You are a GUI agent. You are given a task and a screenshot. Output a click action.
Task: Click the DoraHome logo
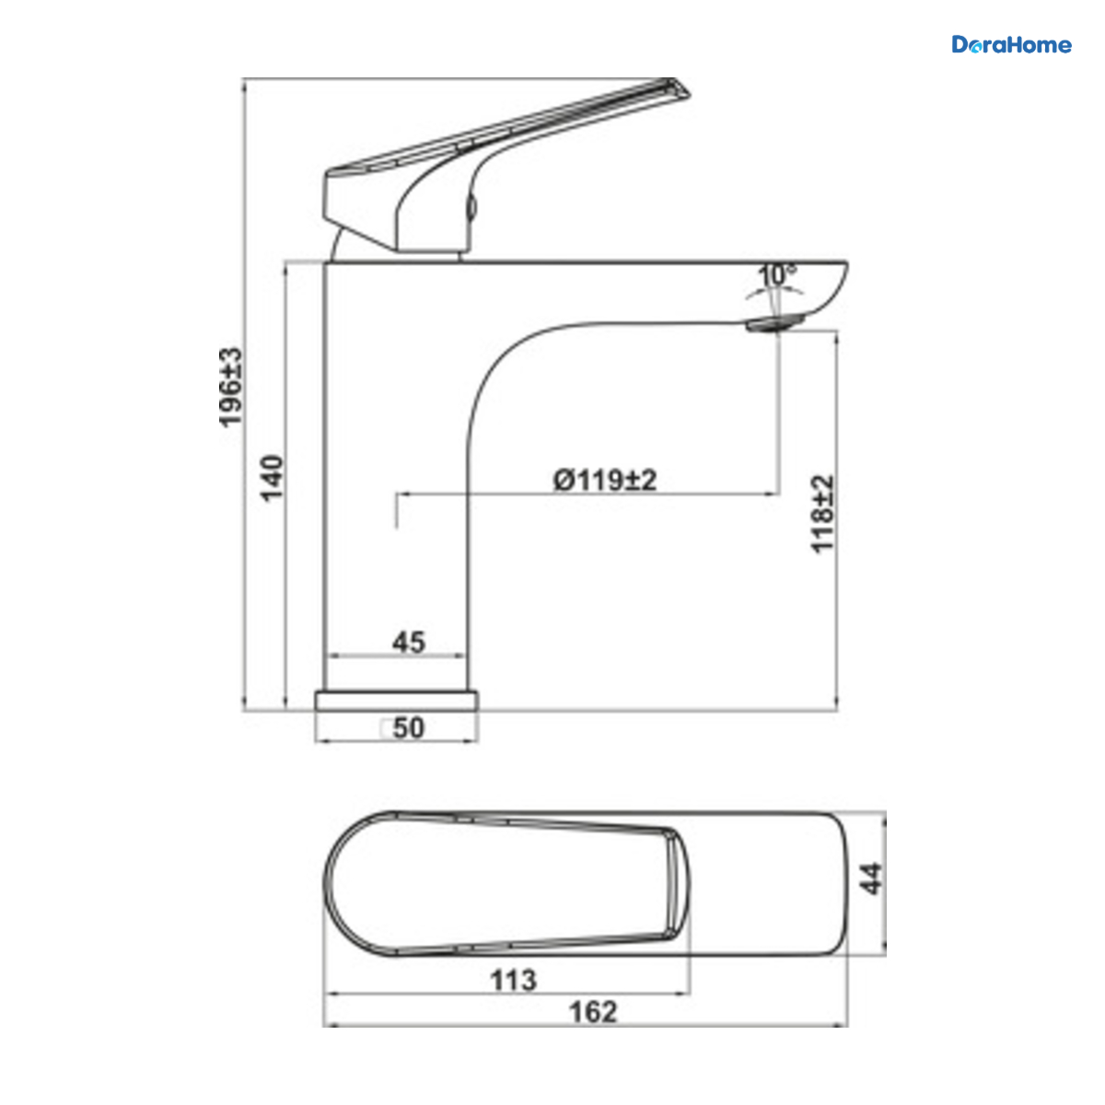(1011, 45)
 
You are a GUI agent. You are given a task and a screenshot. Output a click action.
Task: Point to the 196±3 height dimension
(231, 387)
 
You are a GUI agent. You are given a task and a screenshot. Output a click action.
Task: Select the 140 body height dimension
(272, 478)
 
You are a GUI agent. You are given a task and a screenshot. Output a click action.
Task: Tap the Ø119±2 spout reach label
(604, 480)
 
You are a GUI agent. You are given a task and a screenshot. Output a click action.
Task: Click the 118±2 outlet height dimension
(822, 514)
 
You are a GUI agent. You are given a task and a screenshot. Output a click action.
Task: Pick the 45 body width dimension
(409, 642)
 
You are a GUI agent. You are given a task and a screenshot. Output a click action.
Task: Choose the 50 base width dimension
(409, 728)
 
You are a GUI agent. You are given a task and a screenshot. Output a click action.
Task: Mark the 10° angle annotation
(777, 275)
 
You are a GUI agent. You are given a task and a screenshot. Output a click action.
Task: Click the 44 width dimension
(872, 878)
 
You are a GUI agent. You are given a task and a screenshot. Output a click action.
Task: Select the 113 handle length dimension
(513, 980)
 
